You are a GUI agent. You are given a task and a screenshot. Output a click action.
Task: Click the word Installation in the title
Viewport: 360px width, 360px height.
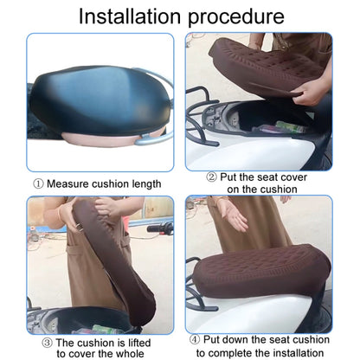point(132,16)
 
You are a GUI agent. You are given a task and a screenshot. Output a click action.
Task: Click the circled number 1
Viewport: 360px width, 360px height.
point(38,183)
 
